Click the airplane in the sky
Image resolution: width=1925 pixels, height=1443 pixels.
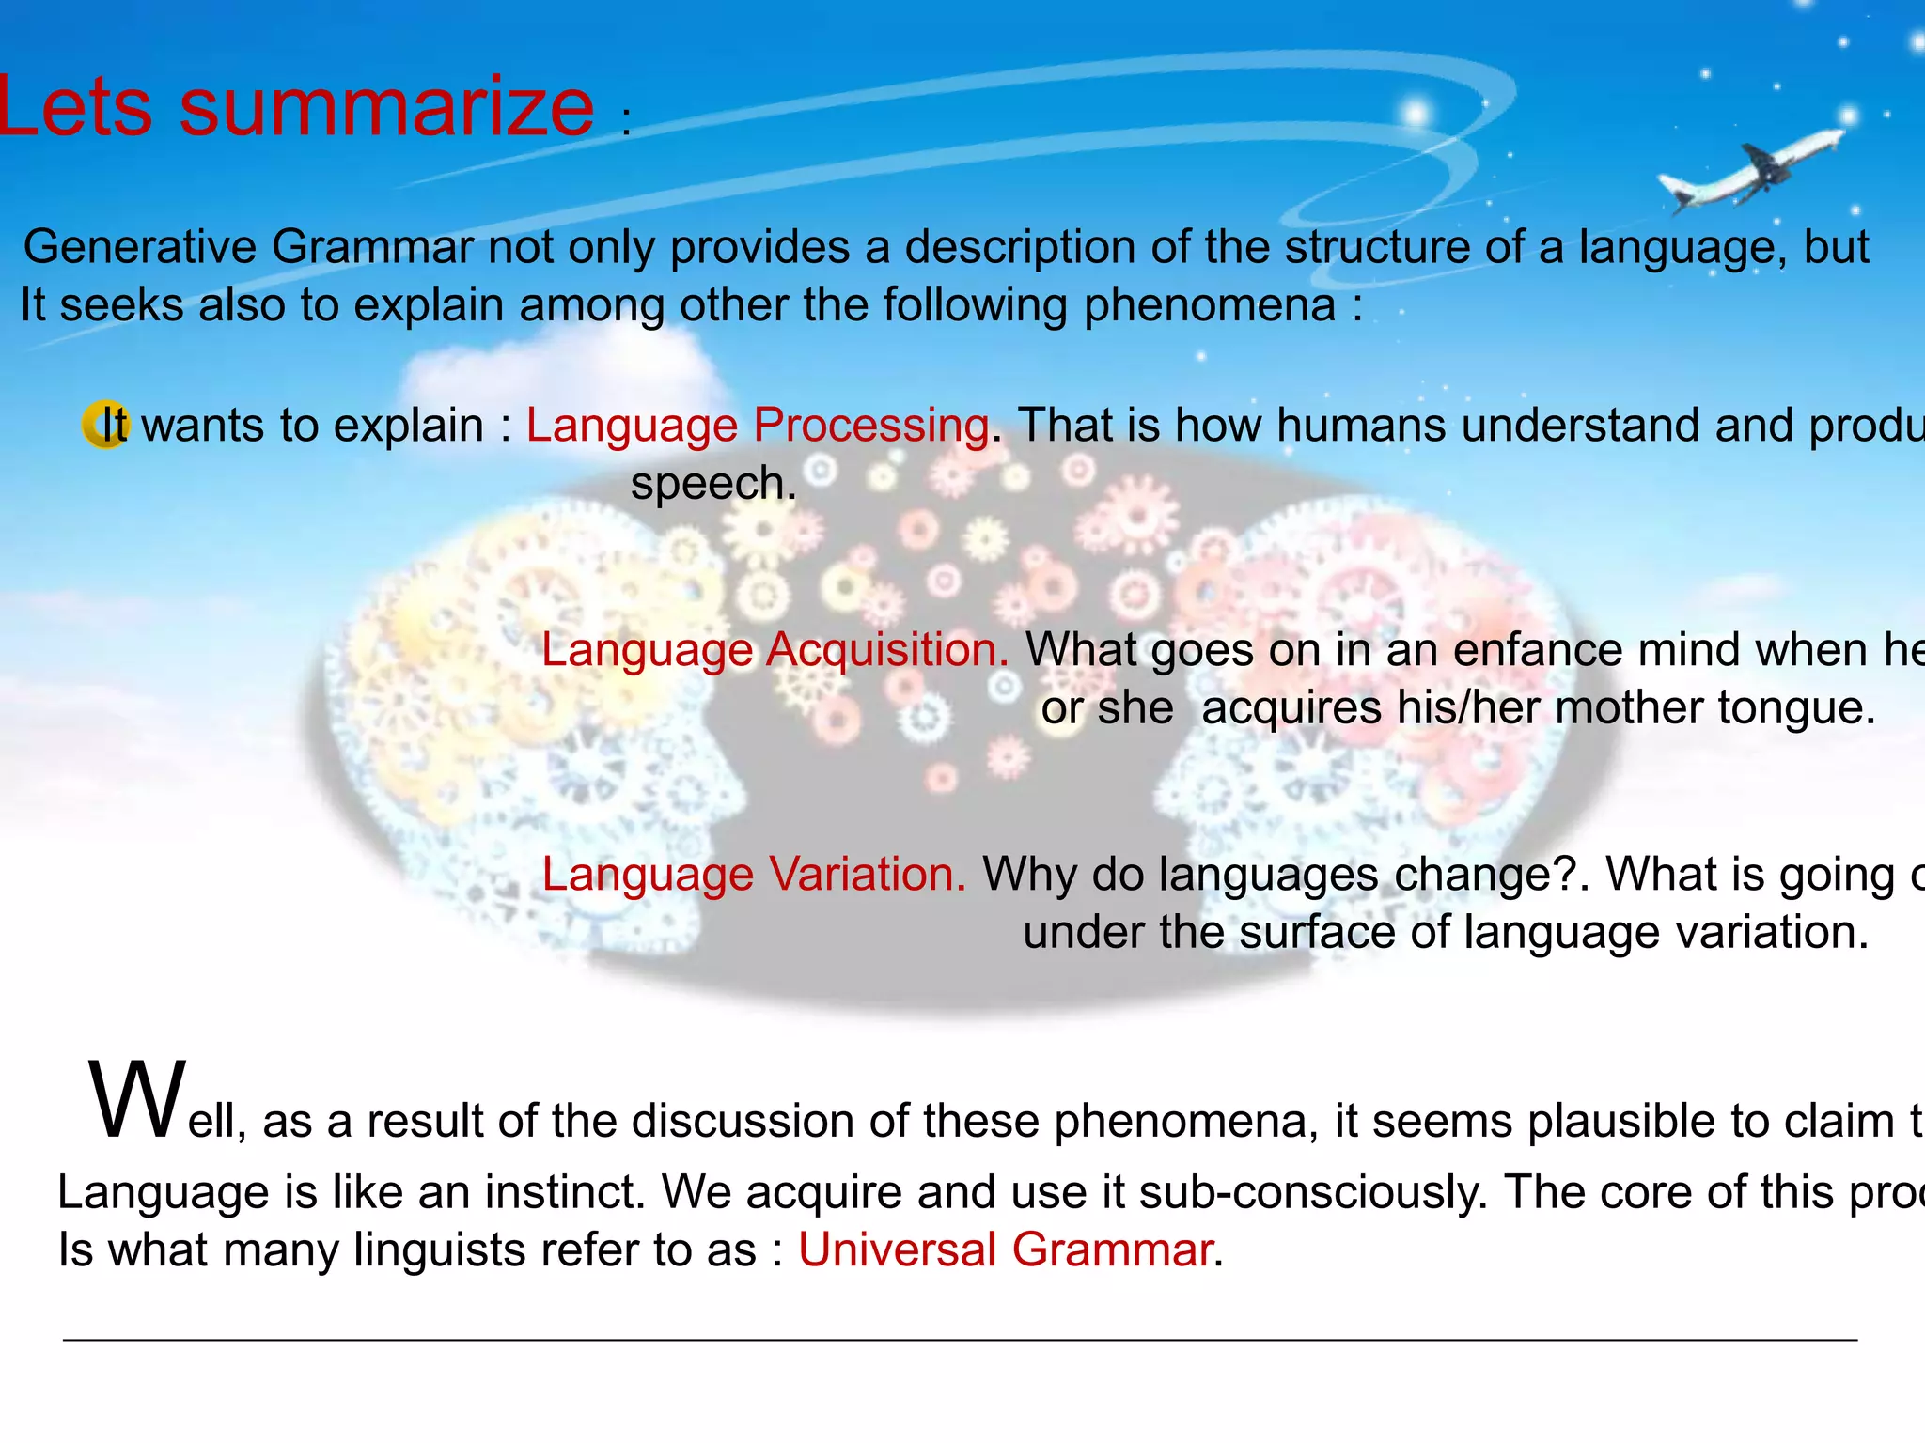tap(1750, 171)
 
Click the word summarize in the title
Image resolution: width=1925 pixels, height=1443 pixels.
tap(386, 106)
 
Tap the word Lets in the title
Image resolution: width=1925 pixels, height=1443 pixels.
tap(75, 106)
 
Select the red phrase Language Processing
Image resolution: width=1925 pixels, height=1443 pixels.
tap(757, 425)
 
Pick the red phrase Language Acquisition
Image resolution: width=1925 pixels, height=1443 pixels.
tap(775, 649)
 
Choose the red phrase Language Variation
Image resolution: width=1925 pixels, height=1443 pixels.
tap(754, 874)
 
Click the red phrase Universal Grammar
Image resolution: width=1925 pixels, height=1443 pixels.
tap(1005, 1250)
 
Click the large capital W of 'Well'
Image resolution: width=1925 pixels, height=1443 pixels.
tap(137, 1101)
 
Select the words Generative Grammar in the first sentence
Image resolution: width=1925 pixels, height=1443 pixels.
tap(248, 247)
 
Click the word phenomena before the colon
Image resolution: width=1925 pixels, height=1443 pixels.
tap(1210, 305)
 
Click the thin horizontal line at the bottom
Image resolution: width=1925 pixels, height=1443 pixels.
tap(959, 1339)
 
